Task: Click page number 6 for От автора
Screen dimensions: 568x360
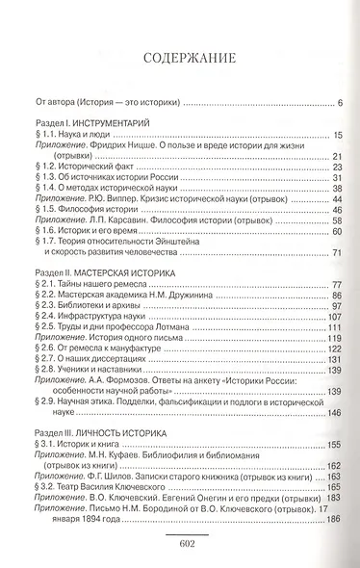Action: tap(340, 101)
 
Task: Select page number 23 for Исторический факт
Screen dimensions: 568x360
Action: tap(338, 168)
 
